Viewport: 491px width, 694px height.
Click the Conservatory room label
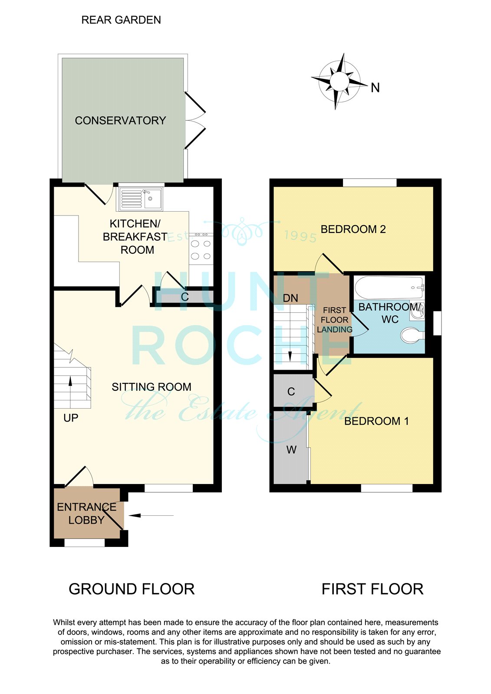click(x=120, y=121)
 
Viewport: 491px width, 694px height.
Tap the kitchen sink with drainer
click(x=140, y=198)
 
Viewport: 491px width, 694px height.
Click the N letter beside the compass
click(x=376, y=88)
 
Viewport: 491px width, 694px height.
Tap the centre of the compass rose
click(x=339, y=82)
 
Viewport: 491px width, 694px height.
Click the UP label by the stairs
click(x=71, y=418)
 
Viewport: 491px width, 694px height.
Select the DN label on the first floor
click(x=290, y=298)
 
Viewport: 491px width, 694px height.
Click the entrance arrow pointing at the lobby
click(x=151, y=516)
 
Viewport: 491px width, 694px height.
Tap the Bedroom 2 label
click(x=353, y=229)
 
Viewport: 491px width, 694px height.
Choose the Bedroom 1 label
click(x=376, y=421)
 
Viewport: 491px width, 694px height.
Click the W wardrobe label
click(x=291, y=449)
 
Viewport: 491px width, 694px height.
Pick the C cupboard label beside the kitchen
click(x=185, y=297)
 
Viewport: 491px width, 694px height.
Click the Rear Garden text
click(x=121, y=20)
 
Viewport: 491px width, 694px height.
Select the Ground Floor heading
click(x=132, y=589)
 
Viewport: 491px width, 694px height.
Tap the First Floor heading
click(x=372, y=589)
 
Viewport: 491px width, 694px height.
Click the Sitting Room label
click(x=152, y=387)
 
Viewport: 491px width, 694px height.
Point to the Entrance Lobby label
click(x=86, y=514)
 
